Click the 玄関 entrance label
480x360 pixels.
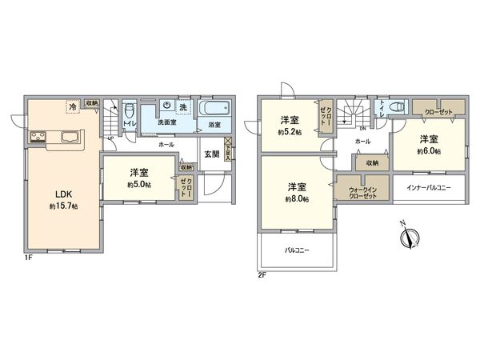tap(211, 154)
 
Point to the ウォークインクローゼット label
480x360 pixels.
tap(362, 193)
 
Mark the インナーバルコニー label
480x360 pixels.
tap(427, 187)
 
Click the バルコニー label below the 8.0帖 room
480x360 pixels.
tap(297, 250)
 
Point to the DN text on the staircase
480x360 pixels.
tap(363, 128)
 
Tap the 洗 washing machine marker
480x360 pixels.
tap(183, 107)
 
